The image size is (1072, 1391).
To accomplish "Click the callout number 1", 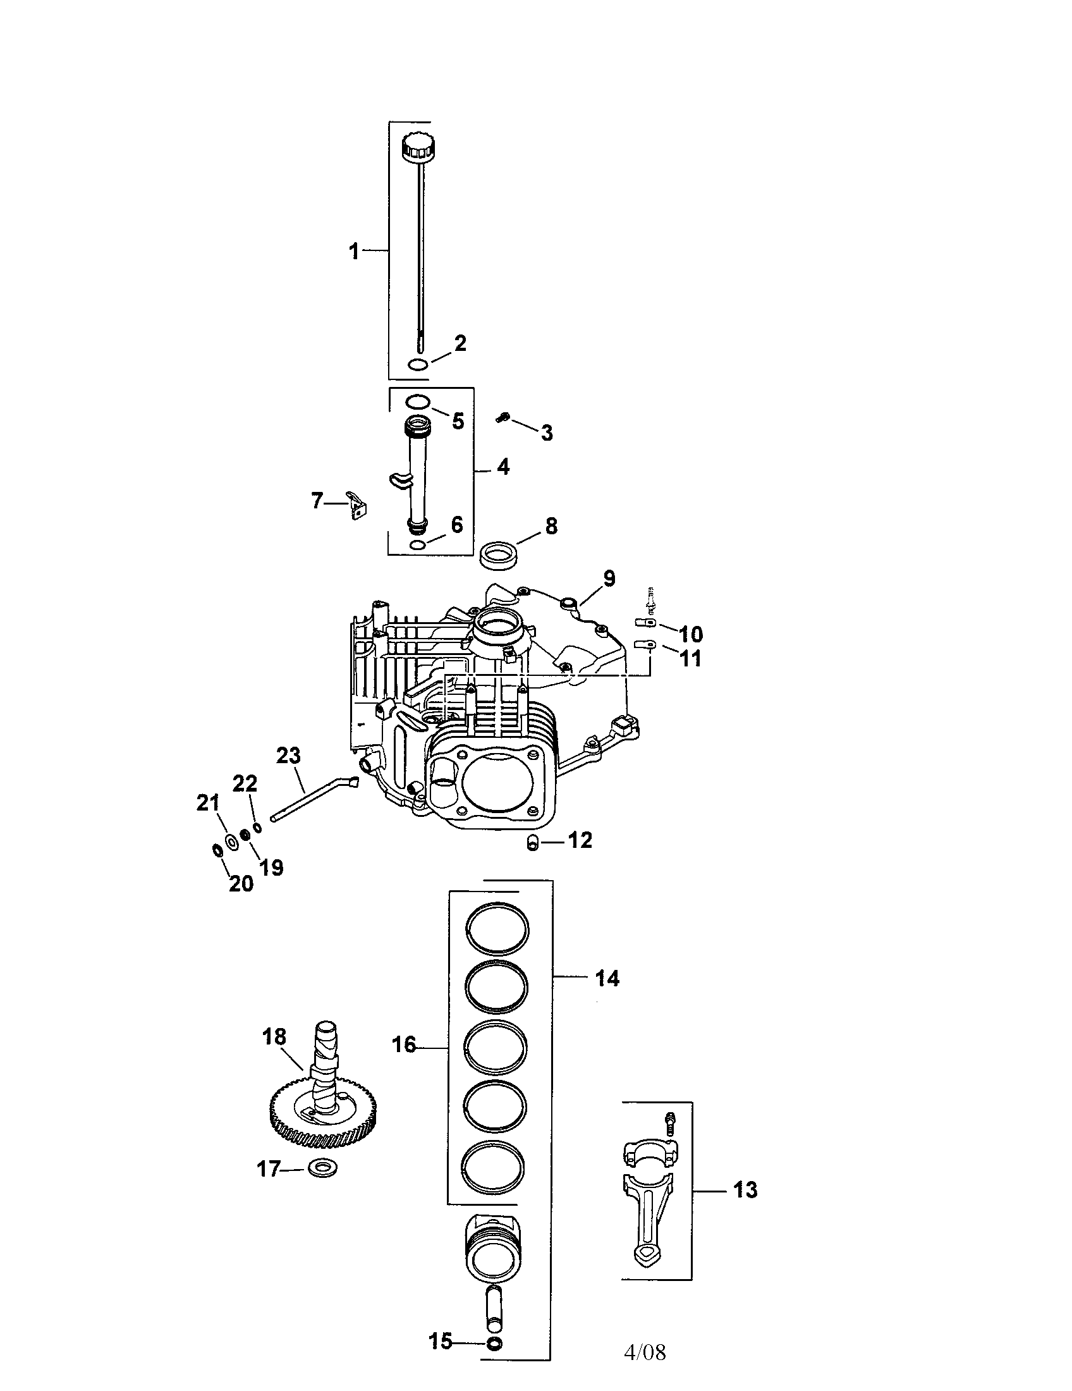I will [354, 251].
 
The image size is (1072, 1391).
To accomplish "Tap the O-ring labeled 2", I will [418, 364].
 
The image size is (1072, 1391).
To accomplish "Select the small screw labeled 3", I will [502, 418].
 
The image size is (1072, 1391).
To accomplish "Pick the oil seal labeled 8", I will [499, 551].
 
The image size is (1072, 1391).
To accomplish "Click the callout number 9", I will [609, 579].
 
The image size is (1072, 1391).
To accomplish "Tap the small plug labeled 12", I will [533, 843].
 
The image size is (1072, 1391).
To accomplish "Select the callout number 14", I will [607, 978].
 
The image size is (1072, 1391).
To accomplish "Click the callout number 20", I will [241, 883].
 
